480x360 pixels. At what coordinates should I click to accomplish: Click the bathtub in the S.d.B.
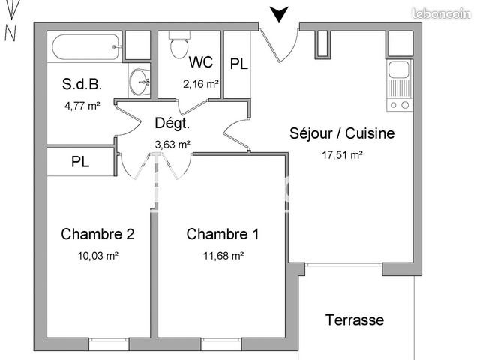pyautogui.click(x=85, y=46)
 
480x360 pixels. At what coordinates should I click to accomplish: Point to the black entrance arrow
pyautogui.click(x=279, y=14)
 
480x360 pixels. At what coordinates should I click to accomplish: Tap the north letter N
pyautogui.click(x=10, y=32)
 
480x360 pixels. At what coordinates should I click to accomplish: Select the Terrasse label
pyautogui.click(x=355, y=320)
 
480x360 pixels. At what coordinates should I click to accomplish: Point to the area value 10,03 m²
pyautogui.click(x=97, y=256)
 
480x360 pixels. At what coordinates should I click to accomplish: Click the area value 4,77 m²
pyautogui.click(x=82, y=106)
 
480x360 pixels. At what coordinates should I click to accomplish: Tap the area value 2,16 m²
pyautogui.click(x=200, y=84)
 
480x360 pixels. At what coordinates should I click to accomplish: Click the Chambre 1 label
pyautogui.click(x=223, y=234)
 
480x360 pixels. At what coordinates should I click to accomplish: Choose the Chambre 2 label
pyautogui.click(x=97, y=234)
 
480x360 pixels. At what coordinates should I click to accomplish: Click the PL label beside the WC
pyautogui.click(x=238, y=64)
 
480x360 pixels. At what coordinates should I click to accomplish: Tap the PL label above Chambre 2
pyautogui.click(x=81, y=161)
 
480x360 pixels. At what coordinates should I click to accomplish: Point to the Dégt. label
pyautogui.click(x=172, y=124)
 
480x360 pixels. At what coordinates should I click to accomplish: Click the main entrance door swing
pyautogui.click(x=281, y=45)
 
